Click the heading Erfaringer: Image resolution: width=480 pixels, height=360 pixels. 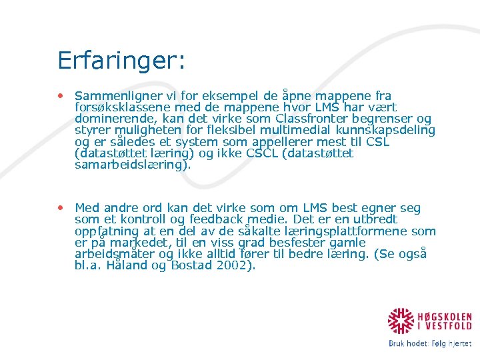point(121,61)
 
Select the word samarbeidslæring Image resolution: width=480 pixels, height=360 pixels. point(130,165)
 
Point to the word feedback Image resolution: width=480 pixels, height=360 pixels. point(215,220)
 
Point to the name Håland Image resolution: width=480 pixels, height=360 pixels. point(126,265)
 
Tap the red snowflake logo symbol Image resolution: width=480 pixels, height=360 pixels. point(401,321)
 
